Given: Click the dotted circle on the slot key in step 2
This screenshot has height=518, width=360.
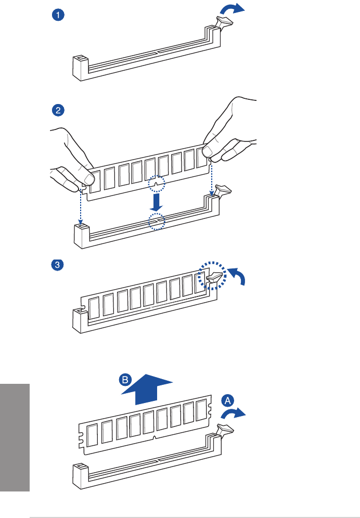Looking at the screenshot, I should coord(155,221).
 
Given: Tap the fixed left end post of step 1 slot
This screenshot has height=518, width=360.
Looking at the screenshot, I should coord(79,67).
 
